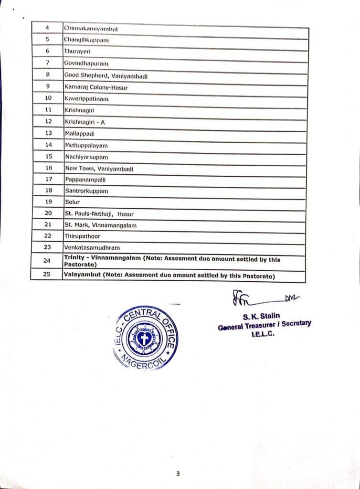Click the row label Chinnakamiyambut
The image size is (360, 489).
tap(91, 29)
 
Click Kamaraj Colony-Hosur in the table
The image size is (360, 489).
tap(96, 87)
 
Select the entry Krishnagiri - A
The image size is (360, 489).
tap(85, 122)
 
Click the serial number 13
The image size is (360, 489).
tap(48, 133)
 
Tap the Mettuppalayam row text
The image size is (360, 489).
tap(86, 145)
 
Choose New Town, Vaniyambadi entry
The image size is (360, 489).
tap(99, 169)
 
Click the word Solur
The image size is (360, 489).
tap(73, 202)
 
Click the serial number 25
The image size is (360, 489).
tap(47, 275)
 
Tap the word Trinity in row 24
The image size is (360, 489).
tap(74, 258)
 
